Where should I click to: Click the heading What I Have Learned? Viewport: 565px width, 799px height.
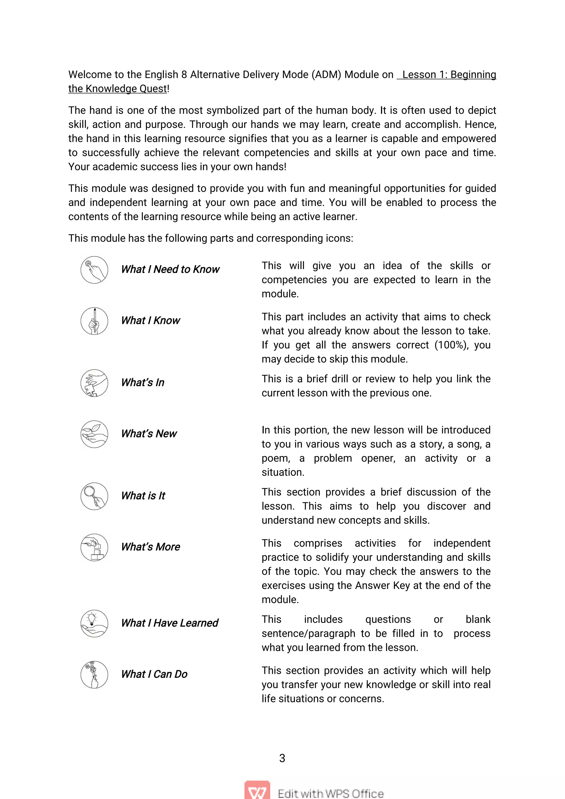point(169,623)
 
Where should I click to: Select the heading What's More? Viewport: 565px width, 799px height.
point(150,547)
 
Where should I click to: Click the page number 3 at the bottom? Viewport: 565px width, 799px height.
point(282,758)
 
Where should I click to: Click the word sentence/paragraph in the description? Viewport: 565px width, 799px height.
point(308,633)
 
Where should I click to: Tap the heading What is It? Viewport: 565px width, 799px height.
point(143,496)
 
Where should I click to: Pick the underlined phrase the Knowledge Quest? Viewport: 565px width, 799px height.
point(118,89)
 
